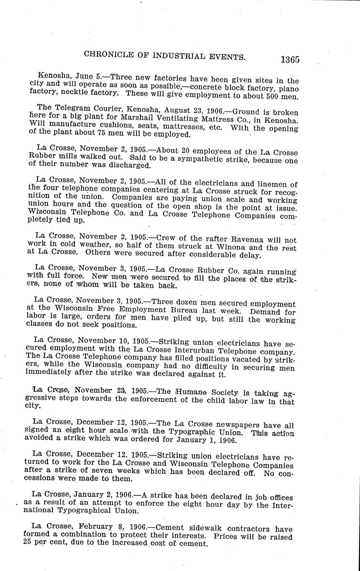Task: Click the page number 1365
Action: (x=289, y=59)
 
